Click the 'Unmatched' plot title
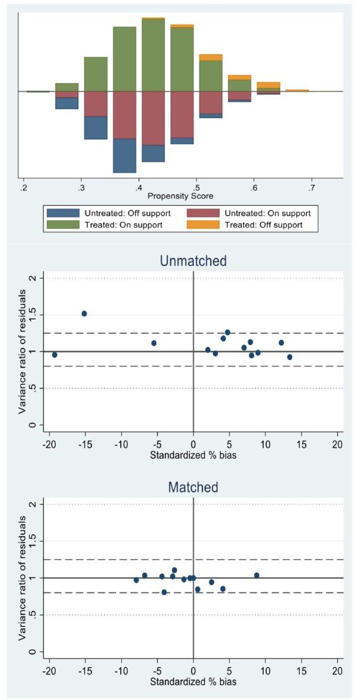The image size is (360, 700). (x=193, y=261)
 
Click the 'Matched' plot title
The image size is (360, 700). (x=193, y=487)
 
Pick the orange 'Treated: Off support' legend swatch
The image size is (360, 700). (x=203, y=225)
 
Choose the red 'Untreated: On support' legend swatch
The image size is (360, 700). (x=203, y=213)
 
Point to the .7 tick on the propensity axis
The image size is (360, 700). (x=311, y=187)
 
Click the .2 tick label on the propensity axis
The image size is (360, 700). (x=23, y=187)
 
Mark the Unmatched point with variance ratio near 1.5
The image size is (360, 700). (x=84, y=313)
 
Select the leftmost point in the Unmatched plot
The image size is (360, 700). (x=55, y=355)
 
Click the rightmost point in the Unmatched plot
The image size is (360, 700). (x=289, y=357)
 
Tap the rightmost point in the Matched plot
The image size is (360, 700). (x=256, y=575)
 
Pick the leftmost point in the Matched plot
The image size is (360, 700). (x=136, y=580)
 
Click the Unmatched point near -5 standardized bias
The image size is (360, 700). (x=154, y=343)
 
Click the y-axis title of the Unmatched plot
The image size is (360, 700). (x=22, y=351)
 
